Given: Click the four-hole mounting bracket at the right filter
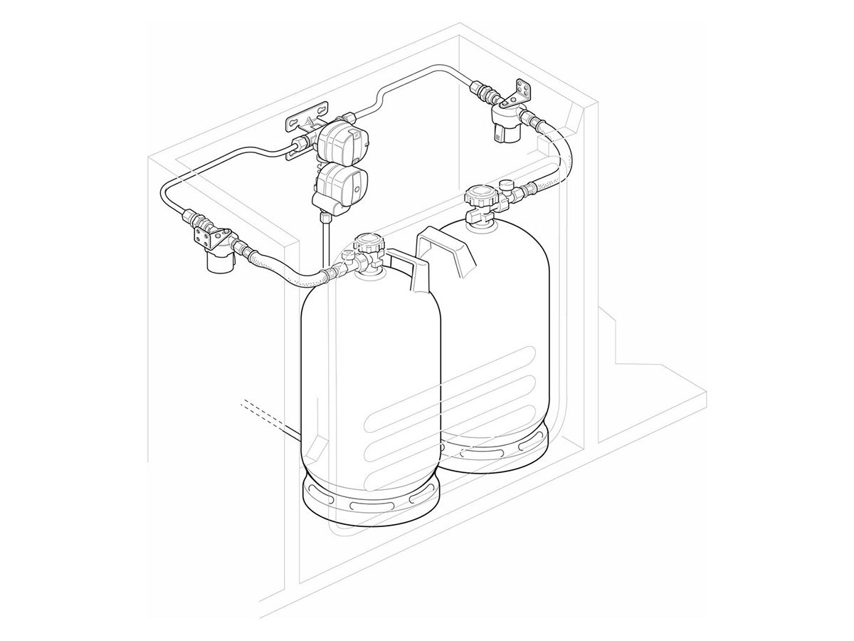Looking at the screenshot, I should point(522,91).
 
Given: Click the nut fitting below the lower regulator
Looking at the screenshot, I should point(325,214).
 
